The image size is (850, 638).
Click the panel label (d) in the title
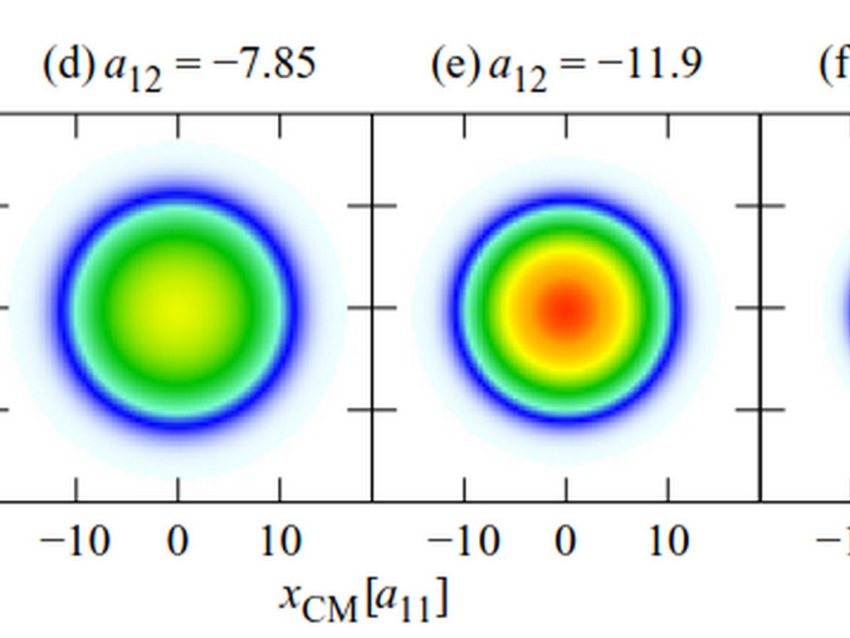(68, 64)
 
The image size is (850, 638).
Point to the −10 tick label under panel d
(74, 542)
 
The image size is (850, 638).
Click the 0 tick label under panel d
(177, 542)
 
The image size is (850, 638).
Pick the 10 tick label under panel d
(280, 542)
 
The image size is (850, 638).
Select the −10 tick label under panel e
(462, 542)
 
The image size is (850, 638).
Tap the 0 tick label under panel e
(566, 542)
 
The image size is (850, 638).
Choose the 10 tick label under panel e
(668, 542)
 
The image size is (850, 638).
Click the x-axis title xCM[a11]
(364, 600)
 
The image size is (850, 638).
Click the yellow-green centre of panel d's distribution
(177, 307)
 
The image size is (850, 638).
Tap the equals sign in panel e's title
(572, 65)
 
